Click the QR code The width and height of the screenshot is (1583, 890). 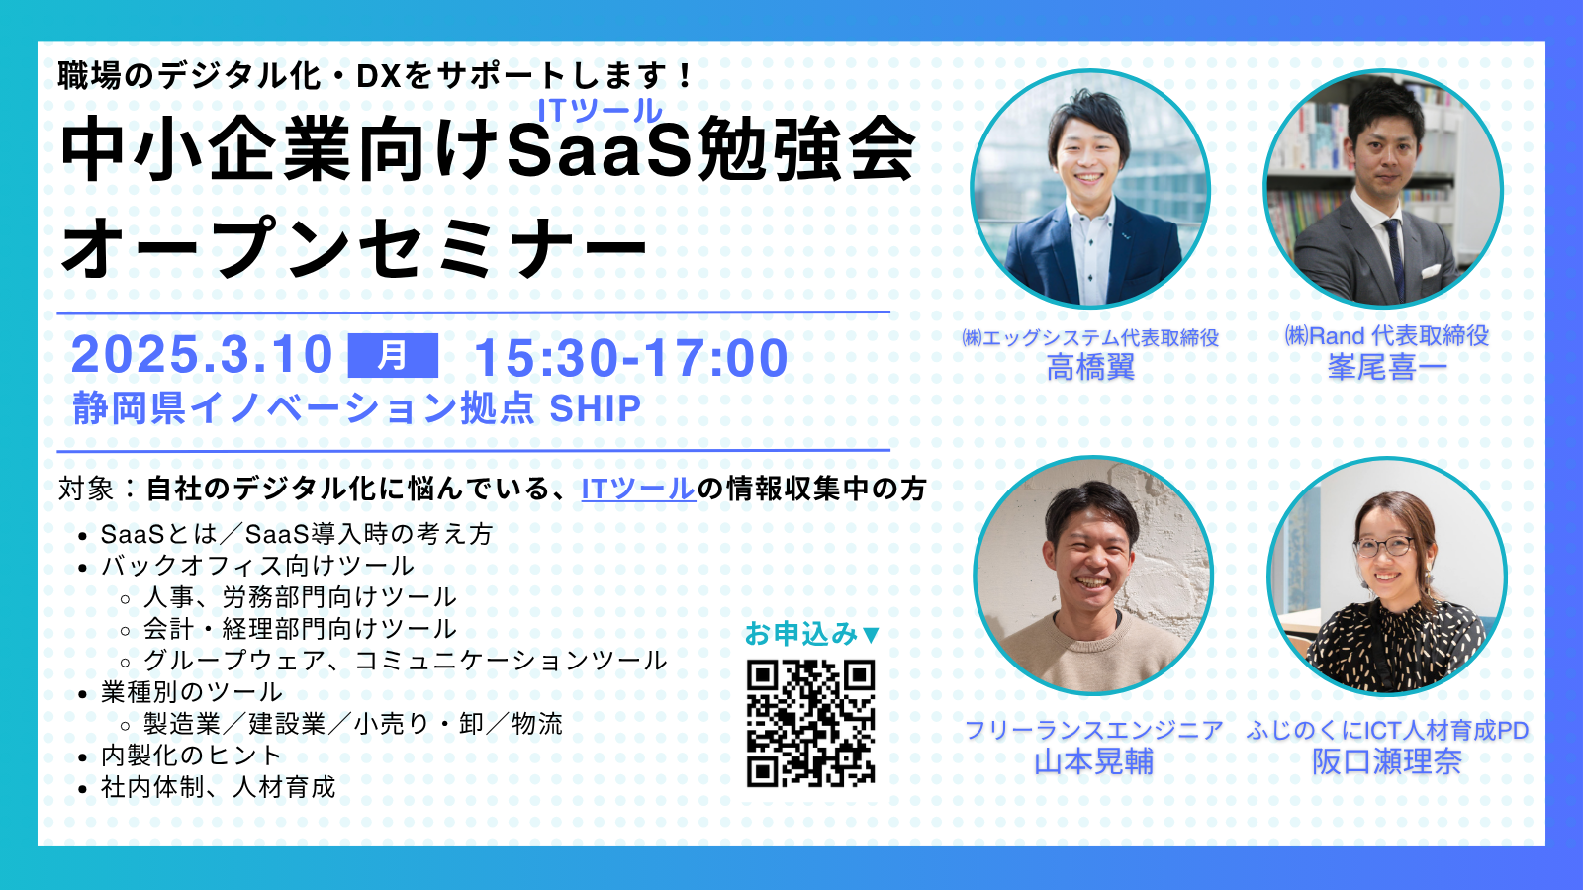click(810, 723)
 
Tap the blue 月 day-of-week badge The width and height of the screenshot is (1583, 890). click(393, 355)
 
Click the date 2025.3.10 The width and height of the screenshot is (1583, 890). click(202, 354)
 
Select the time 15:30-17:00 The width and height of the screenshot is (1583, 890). click(631, 357)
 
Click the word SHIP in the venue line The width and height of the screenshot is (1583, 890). click(595, 408)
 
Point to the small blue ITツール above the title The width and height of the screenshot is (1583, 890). click(600, 110)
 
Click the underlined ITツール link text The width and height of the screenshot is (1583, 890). click(638, 489)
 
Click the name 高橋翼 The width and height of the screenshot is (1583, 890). click(1090, 367)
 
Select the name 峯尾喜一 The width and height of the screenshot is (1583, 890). click(1386, 367)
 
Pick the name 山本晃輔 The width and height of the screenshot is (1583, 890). click(1094, 761)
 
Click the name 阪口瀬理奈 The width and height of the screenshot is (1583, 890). click(1387, 761)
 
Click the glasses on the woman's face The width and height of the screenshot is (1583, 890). click(1383, 546)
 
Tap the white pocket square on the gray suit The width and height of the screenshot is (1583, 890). click(1431, 271)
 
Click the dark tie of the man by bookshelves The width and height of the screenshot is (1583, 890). click(1395, 258)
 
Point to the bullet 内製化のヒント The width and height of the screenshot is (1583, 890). click(192, 756)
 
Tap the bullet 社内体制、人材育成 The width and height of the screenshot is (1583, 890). click(219, 787)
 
